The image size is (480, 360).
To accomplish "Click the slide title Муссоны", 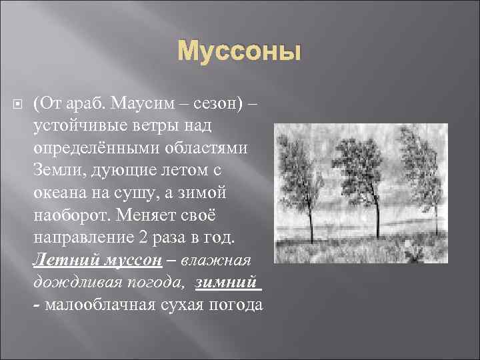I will tap(239, 51).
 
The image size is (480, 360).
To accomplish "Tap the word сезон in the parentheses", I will tap(216, 104).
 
